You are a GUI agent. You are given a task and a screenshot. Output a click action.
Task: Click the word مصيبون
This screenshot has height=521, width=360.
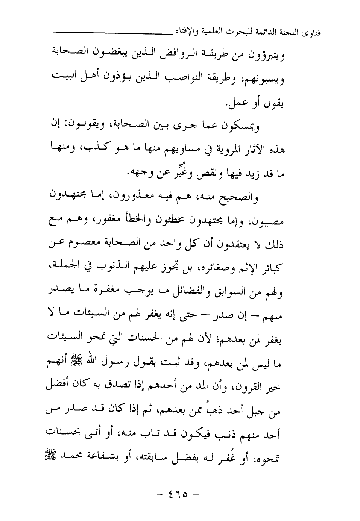click(x=268, y=222)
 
